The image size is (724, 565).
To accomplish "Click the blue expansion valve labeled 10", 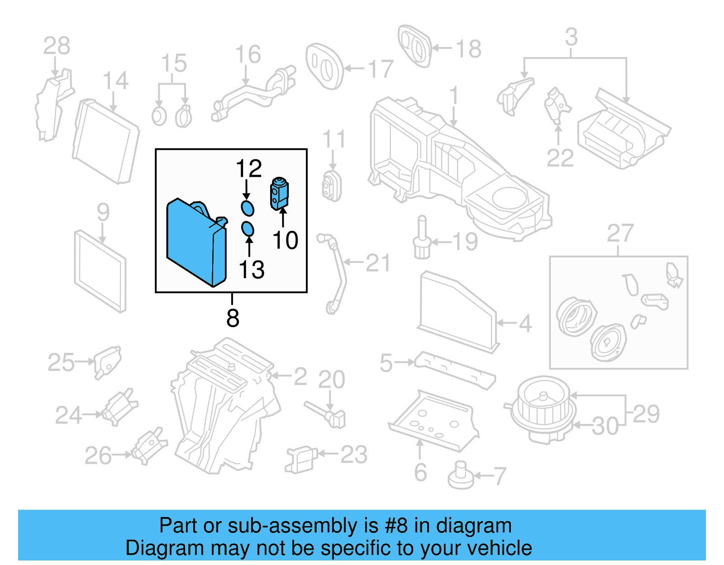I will (279, 194).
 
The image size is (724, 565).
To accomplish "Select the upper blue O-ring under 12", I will (248, 208).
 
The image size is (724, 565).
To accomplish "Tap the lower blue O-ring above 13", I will (248, 229).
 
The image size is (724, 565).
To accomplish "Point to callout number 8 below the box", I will (233, 318).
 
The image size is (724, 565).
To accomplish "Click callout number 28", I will (57, 46).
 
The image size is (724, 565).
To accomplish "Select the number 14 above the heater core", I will (115, 81).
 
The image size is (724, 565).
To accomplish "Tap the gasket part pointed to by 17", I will (324, 66).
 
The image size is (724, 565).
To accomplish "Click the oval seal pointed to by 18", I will (414, 46).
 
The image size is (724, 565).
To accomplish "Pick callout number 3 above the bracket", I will (572, 37).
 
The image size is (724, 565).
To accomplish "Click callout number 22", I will (560, 158).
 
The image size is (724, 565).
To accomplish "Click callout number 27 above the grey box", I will (620, 233).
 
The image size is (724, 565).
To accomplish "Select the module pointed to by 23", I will (300, 459).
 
